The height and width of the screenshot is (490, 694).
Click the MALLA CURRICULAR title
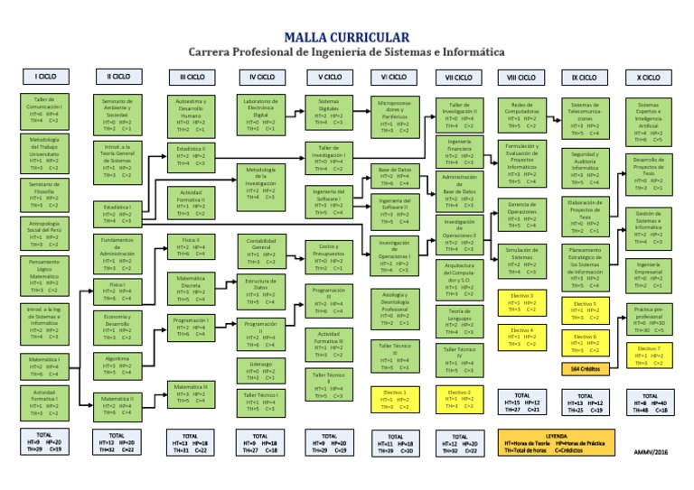tap(346, 36)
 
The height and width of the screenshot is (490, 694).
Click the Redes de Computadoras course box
tap(521, 115)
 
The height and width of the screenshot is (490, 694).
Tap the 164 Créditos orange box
tap(583, 369)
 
